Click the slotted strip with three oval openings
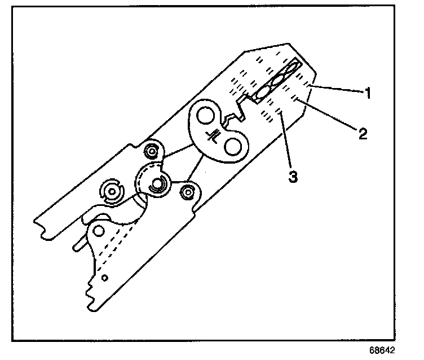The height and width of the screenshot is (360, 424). pyautogui.click(x=276, y=82)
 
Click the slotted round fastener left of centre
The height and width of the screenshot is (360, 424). pyautogui.click(x=111, y=193)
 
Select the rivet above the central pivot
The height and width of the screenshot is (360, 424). pyautogui.click(x=151, y=151)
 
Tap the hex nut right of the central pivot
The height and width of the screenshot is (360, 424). pyautogui.click(x=186, y=192)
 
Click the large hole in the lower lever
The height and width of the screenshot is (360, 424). pyautogui.click(x=100, y=231)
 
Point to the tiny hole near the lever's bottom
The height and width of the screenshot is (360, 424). pyautogui.click(x=105, y=277)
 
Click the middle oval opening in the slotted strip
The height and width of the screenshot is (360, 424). pyautogui.click(x=276, y=82)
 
